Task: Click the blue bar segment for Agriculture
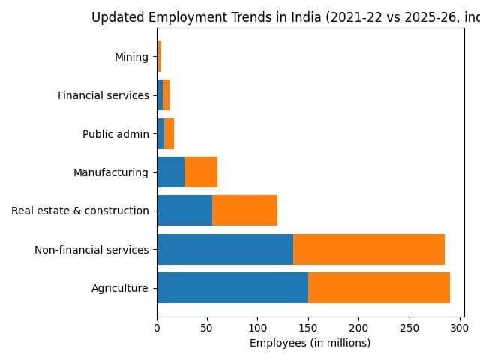click(x=232, y=287)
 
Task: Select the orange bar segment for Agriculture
click(x=379, y=287)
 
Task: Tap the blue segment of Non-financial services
click(x=225, y=249)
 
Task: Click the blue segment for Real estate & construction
click(x=184, y=211)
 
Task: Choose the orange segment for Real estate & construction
click(x=244, y=211)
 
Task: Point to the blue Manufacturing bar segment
click(x=171, y=172)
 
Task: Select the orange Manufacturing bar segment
click(x=201, y=172)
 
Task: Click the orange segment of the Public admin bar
click(x=169, y=134)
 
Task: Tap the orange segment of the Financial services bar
click(x=166, y=95)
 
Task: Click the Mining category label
click(x=131, y=57)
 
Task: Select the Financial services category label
click(x=103, y=95)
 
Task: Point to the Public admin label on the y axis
click(x=115, y=134)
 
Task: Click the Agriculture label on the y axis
click(x=120, y=287)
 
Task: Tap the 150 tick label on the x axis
click(x=308, y=328)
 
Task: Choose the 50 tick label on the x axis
click(x=207, y=328)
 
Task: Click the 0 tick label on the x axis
click(x=157, y=328)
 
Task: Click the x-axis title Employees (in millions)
click(x=310, y=343)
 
